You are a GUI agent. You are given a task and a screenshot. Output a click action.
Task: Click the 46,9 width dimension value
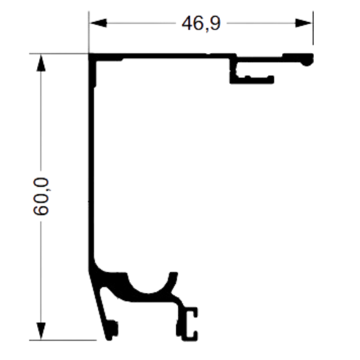[201, 24]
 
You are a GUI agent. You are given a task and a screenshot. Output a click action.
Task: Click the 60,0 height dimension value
[41, 196]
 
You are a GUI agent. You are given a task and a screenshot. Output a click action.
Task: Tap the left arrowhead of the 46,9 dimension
[98, 23]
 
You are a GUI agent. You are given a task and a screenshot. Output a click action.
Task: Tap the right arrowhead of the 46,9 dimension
[303, 23]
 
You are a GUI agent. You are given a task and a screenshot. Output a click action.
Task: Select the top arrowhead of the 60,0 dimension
[41, 63]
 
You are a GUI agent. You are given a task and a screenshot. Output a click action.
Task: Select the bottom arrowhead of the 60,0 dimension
[41, 331]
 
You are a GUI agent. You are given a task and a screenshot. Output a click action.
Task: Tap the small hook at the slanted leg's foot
[113, 330]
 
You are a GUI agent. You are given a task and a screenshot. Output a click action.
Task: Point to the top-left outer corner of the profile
[89, 54]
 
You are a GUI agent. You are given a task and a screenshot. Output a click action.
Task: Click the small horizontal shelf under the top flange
[252, 80]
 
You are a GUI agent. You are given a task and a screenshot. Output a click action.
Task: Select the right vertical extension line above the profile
[313, 27]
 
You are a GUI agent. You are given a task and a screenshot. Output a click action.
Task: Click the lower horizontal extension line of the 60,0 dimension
[63, 340]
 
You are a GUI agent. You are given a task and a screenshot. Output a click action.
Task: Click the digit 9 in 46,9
[215, 23]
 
